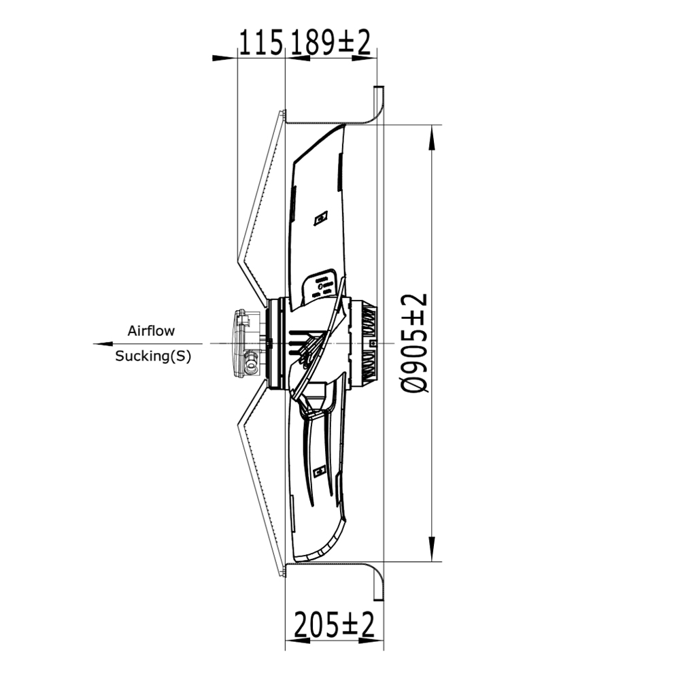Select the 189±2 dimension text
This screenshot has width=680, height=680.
[330, 42]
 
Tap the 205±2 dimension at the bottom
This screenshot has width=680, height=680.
[334, 624]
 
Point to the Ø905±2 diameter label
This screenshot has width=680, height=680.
[415, 343]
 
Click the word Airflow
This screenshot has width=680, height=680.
[151, 331]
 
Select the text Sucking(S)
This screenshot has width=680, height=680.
[152, 356]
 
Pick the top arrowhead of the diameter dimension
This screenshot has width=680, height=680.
[432, 137]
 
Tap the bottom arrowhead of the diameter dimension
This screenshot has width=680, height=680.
[432, 549]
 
